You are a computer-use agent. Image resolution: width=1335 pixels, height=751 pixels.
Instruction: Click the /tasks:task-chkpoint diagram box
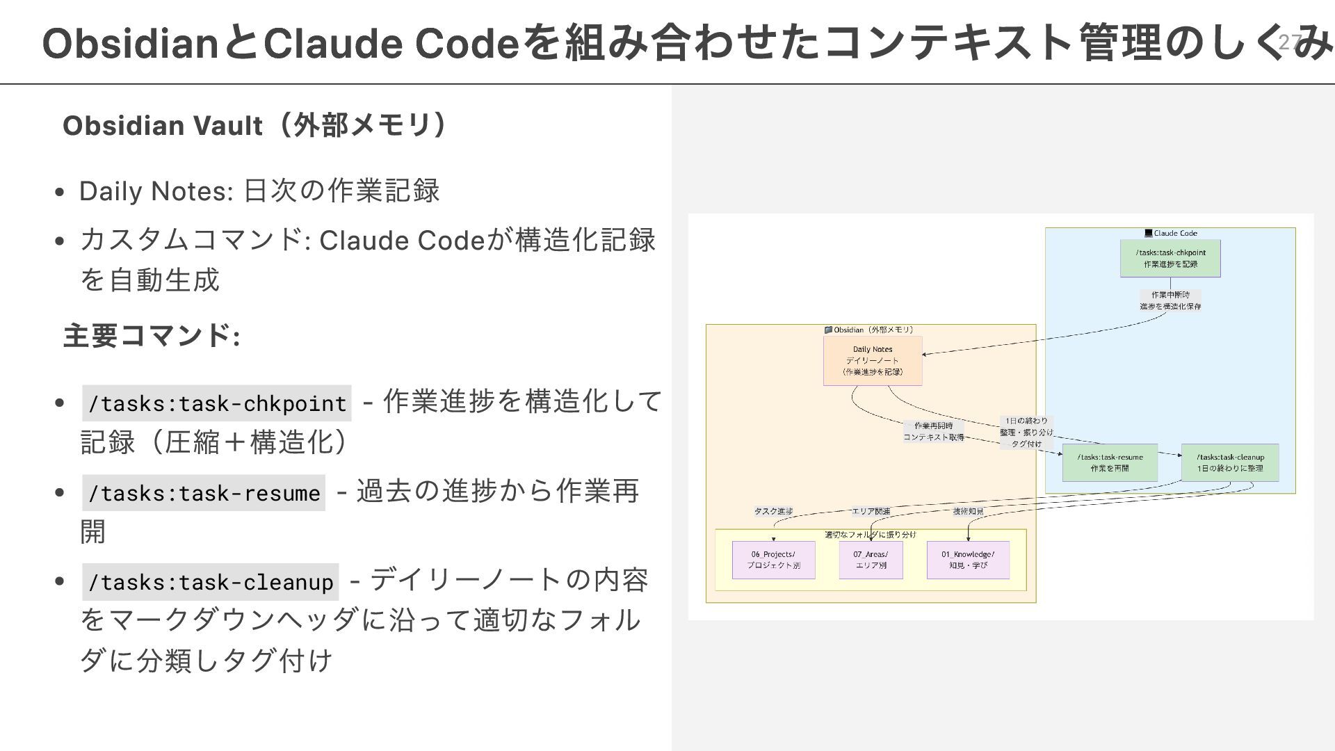(1170, 258)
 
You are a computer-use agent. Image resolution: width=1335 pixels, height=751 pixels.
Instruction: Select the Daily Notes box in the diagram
(872, 360)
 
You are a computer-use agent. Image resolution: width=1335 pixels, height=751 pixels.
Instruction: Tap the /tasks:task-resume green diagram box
(1110, 462)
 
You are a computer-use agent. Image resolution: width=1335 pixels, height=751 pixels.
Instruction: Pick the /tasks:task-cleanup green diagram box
(1229, 462)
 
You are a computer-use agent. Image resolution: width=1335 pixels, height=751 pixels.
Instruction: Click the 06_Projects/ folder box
(773, 560)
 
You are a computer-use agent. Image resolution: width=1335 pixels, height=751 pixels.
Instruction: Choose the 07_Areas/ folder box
(871, 560)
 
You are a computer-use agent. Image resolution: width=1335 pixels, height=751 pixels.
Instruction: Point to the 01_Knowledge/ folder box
(968, 560)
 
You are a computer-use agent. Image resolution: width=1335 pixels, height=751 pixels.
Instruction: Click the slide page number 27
(1289, 42)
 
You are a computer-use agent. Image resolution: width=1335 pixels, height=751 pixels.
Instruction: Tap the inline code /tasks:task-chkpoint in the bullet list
(217, 403)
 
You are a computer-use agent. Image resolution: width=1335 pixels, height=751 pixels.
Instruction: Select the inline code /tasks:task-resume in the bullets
(204, 493)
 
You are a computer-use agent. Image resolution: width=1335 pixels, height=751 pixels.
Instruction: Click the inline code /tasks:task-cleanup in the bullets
(211, 582)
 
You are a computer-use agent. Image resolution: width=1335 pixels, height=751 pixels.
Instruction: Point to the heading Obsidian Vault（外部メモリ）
(254, 126)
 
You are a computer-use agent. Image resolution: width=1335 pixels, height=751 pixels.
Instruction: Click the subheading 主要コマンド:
(152, 336)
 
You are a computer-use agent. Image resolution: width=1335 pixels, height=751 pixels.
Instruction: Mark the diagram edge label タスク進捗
(773, 511)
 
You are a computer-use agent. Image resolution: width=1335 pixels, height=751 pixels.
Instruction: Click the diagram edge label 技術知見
(968, 511)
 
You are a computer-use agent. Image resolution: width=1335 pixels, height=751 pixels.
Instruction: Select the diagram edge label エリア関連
(871, 511)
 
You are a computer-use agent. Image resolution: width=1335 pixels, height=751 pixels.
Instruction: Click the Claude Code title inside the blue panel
(1174, 234)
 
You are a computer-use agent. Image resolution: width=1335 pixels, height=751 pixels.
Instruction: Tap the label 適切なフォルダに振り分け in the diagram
(871, 535)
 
